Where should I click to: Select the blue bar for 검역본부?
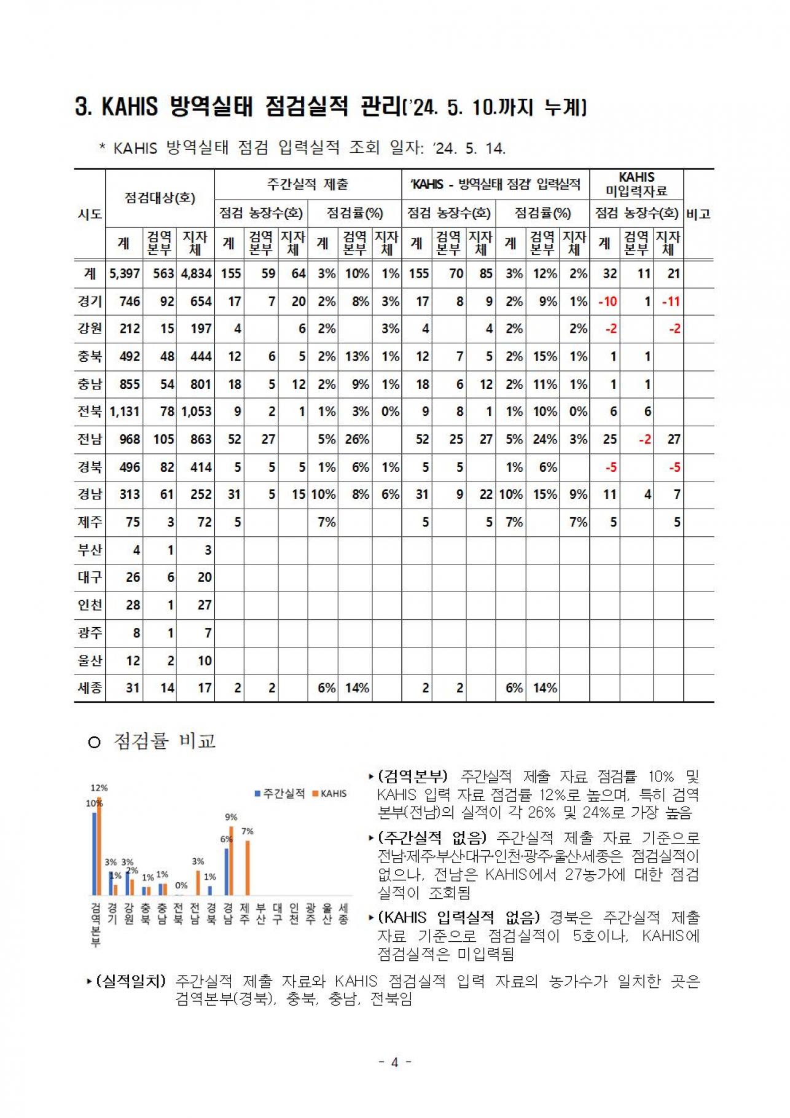(x=95, y=854)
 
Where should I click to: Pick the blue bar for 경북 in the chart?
(x=210, y=890)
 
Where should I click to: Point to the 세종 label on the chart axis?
(x=343, y=913)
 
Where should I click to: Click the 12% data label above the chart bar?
(x=99, y=788)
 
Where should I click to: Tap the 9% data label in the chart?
(x=231, y=817)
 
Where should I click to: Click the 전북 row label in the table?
(x=90, y=412)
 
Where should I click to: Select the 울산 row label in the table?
(x=90, y=660)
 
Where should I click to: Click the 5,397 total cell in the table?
(x=125, y=273)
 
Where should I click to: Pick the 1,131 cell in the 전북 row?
(x=125, y=412)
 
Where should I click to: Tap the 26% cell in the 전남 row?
(x=357, y=439)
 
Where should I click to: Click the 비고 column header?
(x=698, y=214)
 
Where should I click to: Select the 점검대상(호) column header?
(x=160, y=198)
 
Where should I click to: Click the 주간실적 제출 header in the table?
(x=308, y=184)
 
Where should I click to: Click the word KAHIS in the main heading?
(x=130, y=107)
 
